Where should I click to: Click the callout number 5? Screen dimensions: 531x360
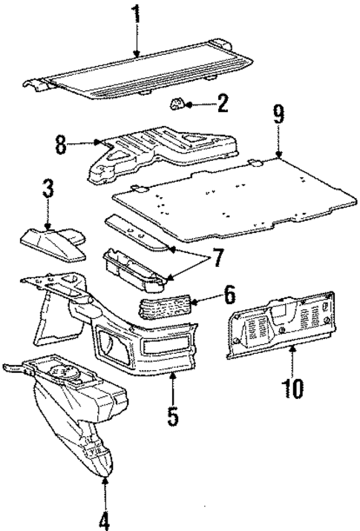(172, 415)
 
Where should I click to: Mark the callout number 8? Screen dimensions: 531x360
(62, 144)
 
